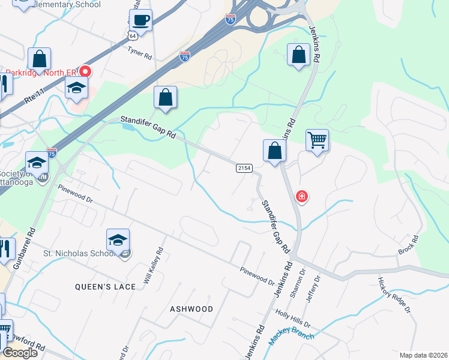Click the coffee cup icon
140,21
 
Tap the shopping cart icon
317,141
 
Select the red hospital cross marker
302,197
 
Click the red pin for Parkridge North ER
85,71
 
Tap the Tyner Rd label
139,53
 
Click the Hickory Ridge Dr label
394,295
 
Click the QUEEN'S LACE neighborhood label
105,287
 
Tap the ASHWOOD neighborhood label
191,309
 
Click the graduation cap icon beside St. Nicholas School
118,240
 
